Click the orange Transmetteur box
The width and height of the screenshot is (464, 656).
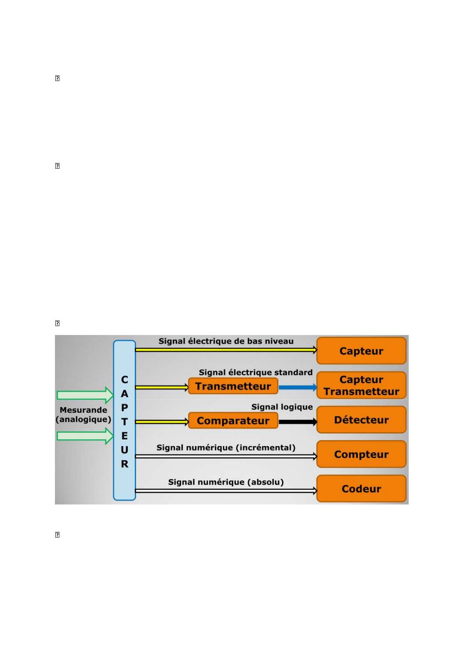click(x=233, y=386)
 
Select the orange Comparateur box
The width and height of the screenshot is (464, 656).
click(x=233, y=421)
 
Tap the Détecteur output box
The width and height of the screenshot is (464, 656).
click(x=361, y=420)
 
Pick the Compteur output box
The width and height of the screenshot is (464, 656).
click(x=361, y=454)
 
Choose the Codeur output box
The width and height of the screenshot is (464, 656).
click(x=361, y=488)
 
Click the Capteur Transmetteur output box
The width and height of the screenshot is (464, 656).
click(x=361, y=385)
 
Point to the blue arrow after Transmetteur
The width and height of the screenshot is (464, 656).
click(x=298, y=387)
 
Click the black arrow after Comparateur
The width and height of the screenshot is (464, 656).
click(x=298, y=422)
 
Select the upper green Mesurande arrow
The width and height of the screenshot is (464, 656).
click(x=85, y=395)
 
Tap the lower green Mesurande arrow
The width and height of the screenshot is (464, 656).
click(x=85, y=436)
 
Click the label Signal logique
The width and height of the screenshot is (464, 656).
click(x=282, y=407)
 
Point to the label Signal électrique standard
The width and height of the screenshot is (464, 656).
click(x=256, y=372)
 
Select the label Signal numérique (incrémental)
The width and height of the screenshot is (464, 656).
click(x=226, y=448)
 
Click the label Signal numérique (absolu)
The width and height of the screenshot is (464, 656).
click(x=226, y=482)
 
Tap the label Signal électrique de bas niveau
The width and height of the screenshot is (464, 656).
click(x=226, y=341)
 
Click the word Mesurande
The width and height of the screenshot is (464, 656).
click(x=83, y=410)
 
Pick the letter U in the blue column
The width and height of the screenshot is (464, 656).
click(x=124, y=450)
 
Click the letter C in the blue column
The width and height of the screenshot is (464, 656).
click(x=124, y=379)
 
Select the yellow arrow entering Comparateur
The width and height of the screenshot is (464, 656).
click(x=162, y=422)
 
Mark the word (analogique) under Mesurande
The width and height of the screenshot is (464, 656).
click(x=83, y=420)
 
